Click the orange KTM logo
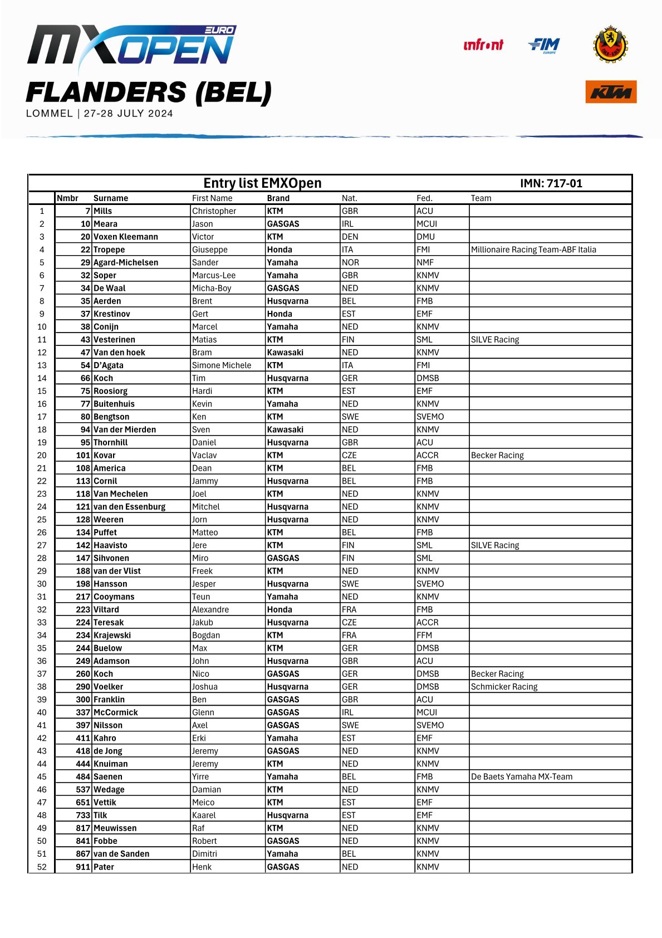pyautogui.click(x=611, y=92)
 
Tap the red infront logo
pyautogui.click(x=483, y=45)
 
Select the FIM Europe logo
pyautogui.click(x=544, y=45)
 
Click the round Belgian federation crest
pyautogui.click(x=610, y=44)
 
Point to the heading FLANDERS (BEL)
pyautogui.click(x=149, y=92)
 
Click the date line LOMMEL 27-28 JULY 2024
pyautogui.click(x=100, y=114)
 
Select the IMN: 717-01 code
pyautogui.click(x=551, y=183)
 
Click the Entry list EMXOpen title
pyautogui.click(x=262, y=183)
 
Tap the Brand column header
pyautogui.click(x=278, y=198)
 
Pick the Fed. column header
pyautogui.click(x=424, y=198)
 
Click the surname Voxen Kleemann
pyautogui.click(x=126, y=237)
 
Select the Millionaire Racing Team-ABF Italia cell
pyautogui.click(x=533, y=250)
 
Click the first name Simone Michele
pyautogui.click(x=222, y=365)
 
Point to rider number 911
pyautogui.click(x=83, y=867)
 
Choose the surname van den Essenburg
pyautogui.click(x=130, y=507)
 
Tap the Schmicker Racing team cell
pyautogui.click(x=504, y=687)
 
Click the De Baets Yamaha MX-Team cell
pyautogui.click(x=521, y=776)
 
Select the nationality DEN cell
pyautogui.click(x=350, y=237)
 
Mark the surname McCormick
pyautogui.click(x=116, y=712)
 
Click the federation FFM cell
pyautogui.click(x=424, y=635)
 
